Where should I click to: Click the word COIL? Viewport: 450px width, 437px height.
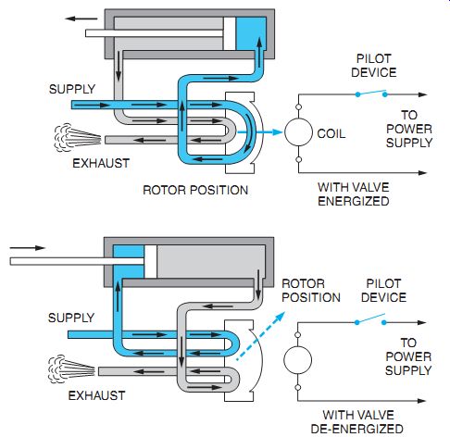[x=331, y=133]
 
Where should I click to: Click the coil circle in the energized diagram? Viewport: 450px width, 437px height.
[x=298, y=132]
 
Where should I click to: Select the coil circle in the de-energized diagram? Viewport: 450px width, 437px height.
[x=297, y=360]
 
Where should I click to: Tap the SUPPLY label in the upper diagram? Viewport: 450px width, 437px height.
[x=72, y=89]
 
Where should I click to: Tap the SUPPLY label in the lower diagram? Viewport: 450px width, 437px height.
[x=71, y=318]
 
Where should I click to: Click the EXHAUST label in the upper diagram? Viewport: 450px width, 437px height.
[x=101, y=163]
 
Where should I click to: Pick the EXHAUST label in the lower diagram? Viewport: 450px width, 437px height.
[x=96, y=395]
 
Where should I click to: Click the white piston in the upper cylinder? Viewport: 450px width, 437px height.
[x=230, y=33]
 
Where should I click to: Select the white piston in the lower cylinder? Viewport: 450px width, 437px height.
[x=150, y=262]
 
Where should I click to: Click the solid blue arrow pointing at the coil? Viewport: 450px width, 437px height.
[x=260, y=132]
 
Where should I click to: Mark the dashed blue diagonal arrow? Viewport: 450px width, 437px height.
[x=260, y=336]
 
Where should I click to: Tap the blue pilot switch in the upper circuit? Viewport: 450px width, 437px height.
[x=371, y=94]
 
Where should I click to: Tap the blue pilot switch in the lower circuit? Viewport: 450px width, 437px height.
[x=370, y=319]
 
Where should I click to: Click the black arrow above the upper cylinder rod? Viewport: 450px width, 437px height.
[x=81, y=19]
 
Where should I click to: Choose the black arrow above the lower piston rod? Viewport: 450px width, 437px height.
[x=28, y=248]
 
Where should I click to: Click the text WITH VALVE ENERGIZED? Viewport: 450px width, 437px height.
[x=354, y=194]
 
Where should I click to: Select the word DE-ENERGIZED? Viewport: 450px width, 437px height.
[x=357, y=429]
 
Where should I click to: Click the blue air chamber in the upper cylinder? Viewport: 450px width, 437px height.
[x=251, y=33]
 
